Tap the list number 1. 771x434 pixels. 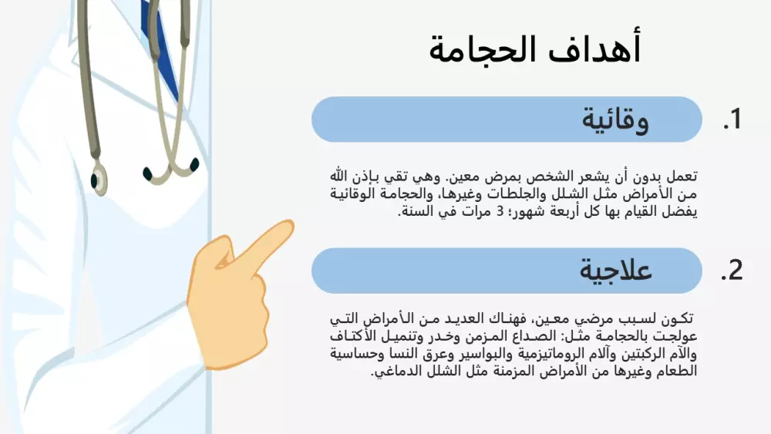pos(732,119)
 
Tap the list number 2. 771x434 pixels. pos(732,271)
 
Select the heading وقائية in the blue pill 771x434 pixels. pos(614,120)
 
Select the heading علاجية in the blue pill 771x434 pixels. pos(616,271)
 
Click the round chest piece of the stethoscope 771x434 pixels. pos(99,180)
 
